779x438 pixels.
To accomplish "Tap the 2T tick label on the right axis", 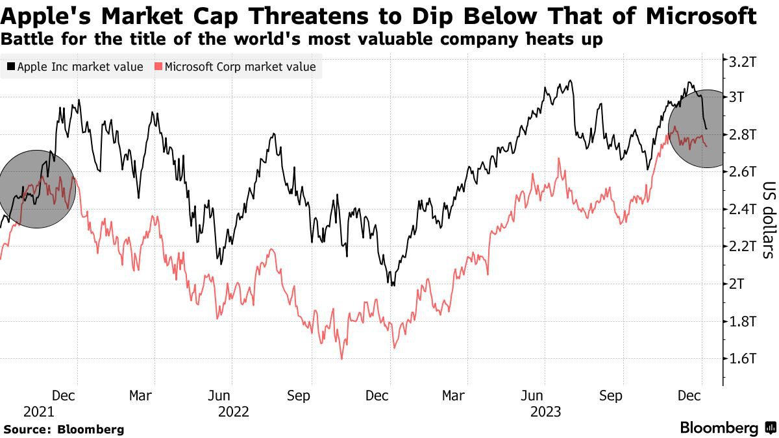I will [x=739, y=284].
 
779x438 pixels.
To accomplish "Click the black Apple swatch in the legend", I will [x=11, y=67].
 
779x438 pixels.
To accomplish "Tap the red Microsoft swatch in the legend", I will [x=158, y=67].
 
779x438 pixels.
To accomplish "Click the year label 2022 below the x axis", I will [x=233, y=411].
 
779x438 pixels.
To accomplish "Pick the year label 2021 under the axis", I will [x=38, y=411].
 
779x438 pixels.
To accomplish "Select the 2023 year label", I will [x=547, y=411].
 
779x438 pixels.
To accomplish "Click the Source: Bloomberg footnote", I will [x=63, y=429].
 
